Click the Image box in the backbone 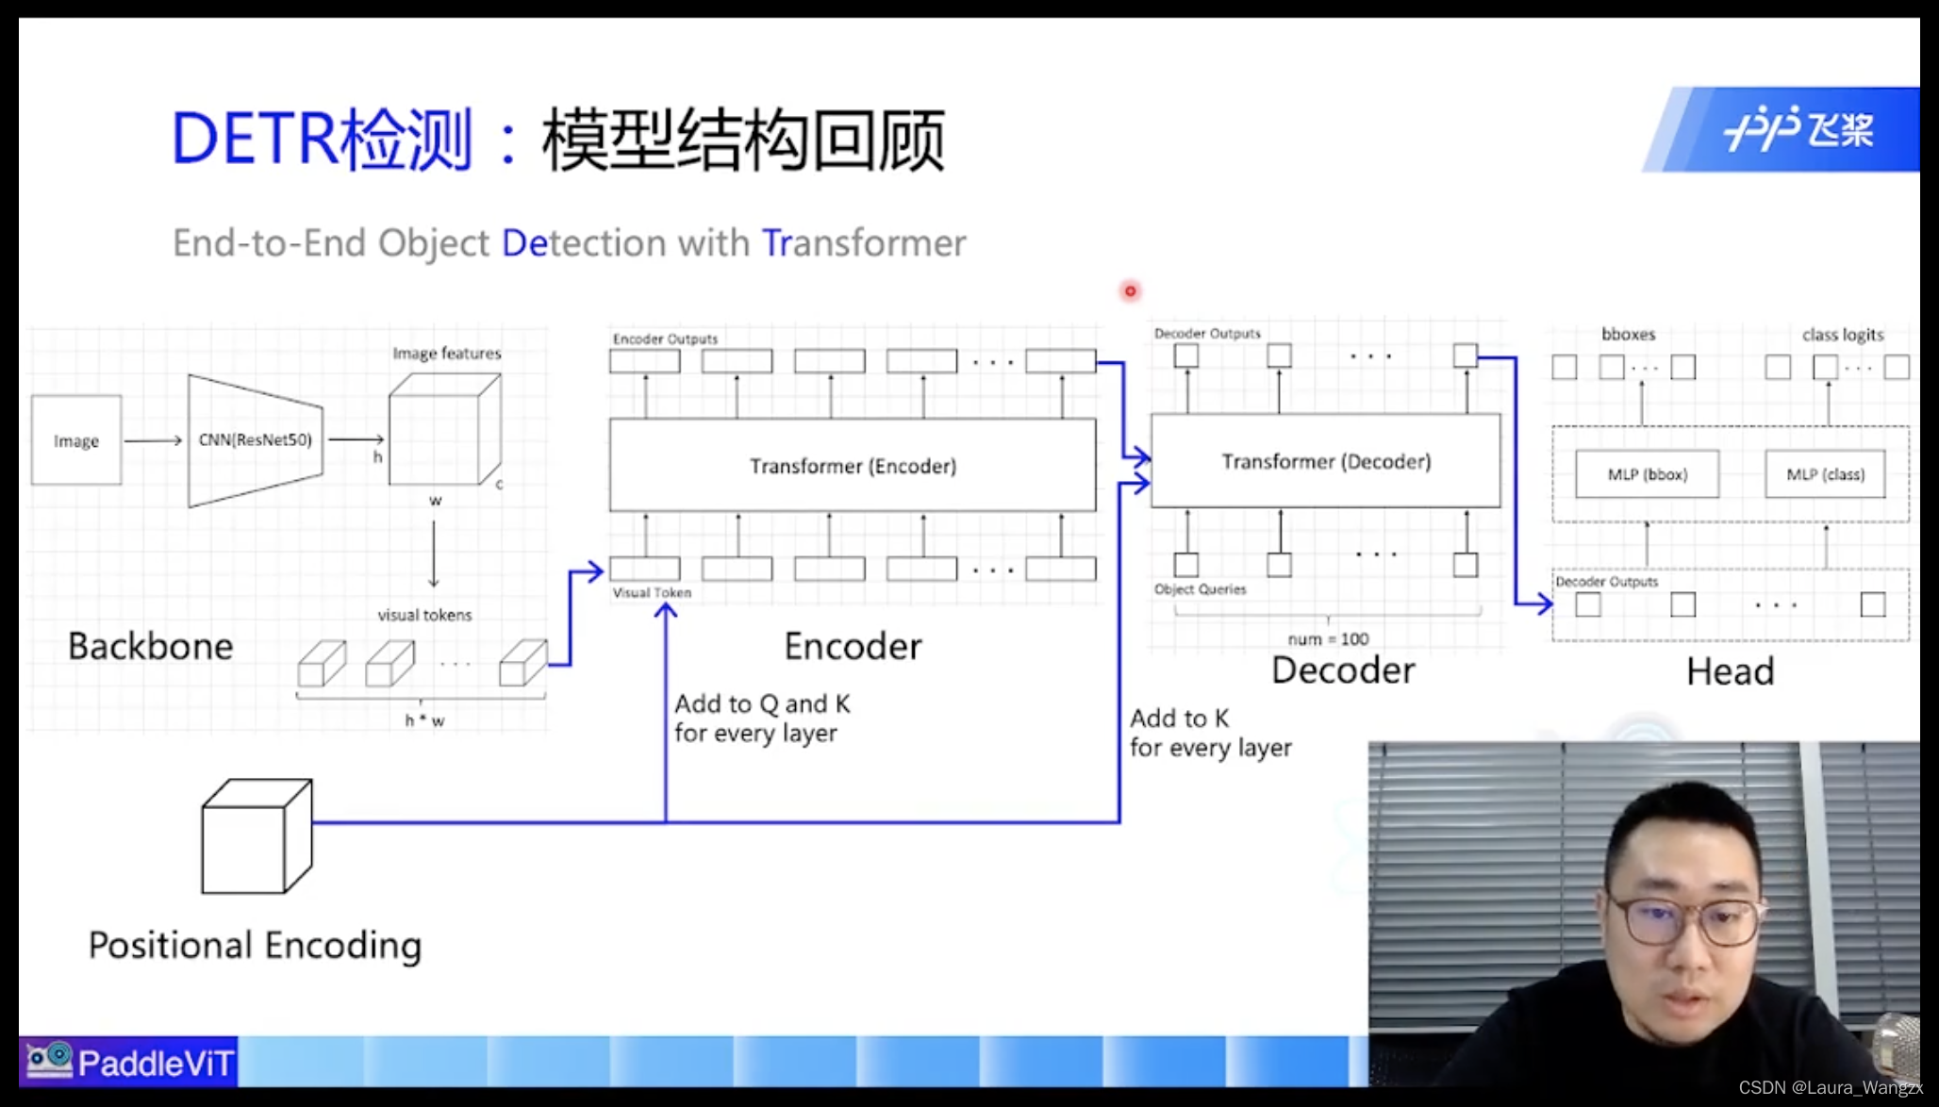point(76,440)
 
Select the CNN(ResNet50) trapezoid point(255,440)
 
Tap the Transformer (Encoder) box point(853,466)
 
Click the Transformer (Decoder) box point(1325,461)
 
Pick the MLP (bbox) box point(1647,474)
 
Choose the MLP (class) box point(1825,474)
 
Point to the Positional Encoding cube point(256,836)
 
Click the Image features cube point(444,430)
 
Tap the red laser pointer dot point(1130,291)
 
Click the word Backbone point(151,646)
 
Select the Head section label point(1730,671)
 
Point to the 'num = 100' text point(1328,639)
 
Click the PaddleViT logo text point(156,1064)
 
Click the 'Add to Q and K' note point(762,704)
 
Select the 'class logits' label point(1842,335)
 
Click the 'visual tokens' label point(424,615)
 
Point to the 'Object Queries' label point(1200,589)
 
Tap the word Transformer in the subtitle point(864,243)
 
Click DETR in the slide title point(254,140)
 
